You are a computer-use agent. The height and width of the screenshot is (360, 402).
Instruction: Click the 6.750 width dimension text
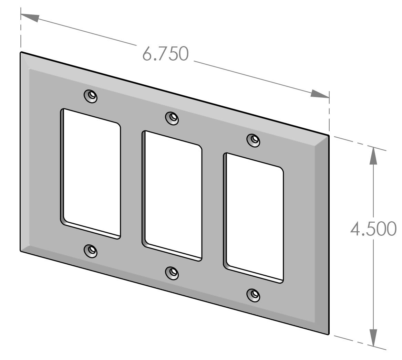tap(166, 54)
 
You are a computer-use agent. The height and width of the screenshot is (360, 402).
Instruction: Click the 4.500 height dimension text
tap(373, 229)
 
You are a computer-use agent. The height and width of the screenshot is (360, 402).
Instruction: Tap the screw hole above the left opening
tap(91, 96)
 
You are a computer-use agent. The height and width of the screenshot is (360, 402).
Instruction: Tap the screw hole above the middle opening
tap(172, 118)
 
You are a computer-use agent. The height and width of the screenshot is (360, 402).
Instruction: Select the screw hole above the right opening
tap(254, 139)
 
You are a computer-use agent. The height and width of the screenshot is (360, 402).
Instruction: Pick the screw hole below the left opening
tap(91, 250)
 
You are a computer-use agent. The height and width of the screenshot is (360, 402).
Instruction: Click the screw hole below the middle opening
tap(172, 273)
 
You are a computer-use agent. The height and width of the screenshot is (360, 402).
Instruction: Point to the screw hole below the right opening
tap(254, 295)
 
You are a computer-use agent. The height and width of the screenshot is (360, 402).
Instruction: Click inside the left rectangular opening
tap(92, 174)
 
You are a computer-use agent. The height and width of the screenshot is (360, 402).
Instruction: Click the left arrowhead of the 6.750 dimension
tap(30, 17)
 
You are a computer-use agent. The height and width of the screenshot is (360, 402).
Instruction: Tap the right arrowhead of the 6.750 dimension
tap(320, 94)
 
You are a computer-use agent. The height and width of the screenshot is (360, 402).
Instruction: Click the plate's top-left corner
tap(21, 53)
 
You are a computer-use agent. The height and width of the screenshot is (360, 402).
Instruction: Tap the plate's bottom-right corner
tap(328, 333)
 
